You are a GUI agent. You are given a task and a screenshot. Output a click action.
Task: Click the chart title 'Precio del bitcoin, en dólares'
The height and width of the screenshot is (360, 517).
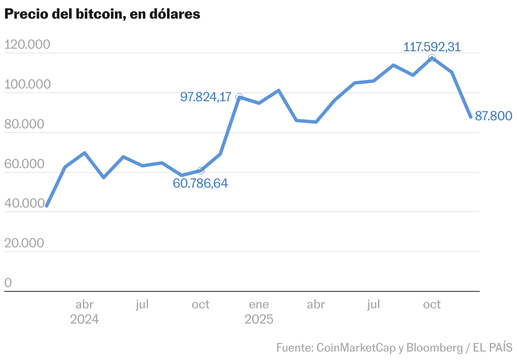pyautogui.click(x=102, y=14)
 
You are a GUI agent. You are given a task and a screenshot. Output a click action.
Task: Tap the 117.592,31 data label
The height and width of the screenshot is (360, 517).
pyautogui.click(x=432, y=47)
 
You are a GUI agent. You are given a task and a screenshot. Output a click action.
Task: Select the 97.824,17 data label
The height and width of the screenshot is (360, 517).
pyautogui.click(x=206, y=97)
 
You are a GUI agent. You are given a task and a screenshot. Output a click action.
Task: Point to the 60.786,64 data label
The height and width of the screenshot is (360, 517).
pyautogui.click(x=200, y=183)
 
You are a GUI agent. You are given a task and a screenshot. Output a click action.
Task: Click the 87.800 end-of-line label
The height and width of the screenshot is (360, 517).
pyautogui.click(x=494, y=116)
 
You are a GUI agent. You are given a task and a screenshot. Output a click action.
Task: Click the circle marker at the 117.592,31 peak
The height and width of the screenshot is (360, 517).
pyautogui.click(x=432, y=58)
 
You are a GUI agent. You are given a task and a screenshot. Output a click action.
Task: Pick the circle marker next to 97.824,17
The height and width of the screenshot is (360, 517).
pyautogui.click(x=239, y=97)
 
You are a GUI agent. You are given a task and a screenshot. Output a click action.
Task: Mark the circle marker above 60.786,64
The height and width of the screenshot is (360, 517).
pyautogui.click(x=200, y=171)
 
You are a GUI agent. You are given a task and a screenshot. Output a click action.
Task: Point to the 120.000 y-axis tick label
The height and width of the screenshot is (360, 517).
pyautogui.click(x=27, y=44)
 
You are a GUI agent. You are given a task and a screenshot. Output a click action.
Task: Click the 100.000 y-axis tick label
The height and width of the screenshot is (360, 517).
pyautogui.click(x=27, y=84)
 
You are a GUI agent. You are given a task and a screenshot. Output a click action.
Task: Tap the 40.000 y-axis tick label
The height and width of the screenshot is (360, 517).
pyautogui.click(x=25, y=204)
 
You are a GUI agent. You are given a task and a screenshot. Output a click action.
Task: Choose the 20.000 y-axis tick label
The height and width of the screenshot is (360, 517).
pyautogui.click(x=25, y=243)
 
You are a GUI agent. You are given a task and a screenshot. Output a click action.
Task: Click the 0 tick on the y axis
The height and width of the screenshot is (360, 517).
pyautogui.click(x=8, y=283)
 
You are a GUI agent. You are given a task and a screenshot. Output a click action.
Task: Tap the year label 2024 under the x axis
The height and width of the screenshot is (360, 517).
pyautogui.click(x=84, y=319)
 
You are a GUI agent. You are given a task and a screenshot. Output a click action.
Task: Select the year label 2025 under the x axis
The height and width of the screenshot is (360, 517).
pyautogui.click(x=259, y=319)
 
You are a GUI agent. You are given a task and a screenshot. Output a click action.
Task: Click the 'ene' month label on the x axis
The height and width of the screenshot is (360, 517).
pyautogui.click(x=259, y=304)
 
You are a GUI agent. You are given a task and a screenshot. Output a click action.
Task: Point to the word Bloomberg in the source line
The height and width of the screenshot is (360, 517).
pyautogui.click(x=434, y=348)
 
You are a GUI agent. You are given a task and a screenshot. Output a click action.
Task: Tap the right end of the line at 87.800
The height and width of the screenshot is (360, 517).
pyautogui.click(x=470, y=117)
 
